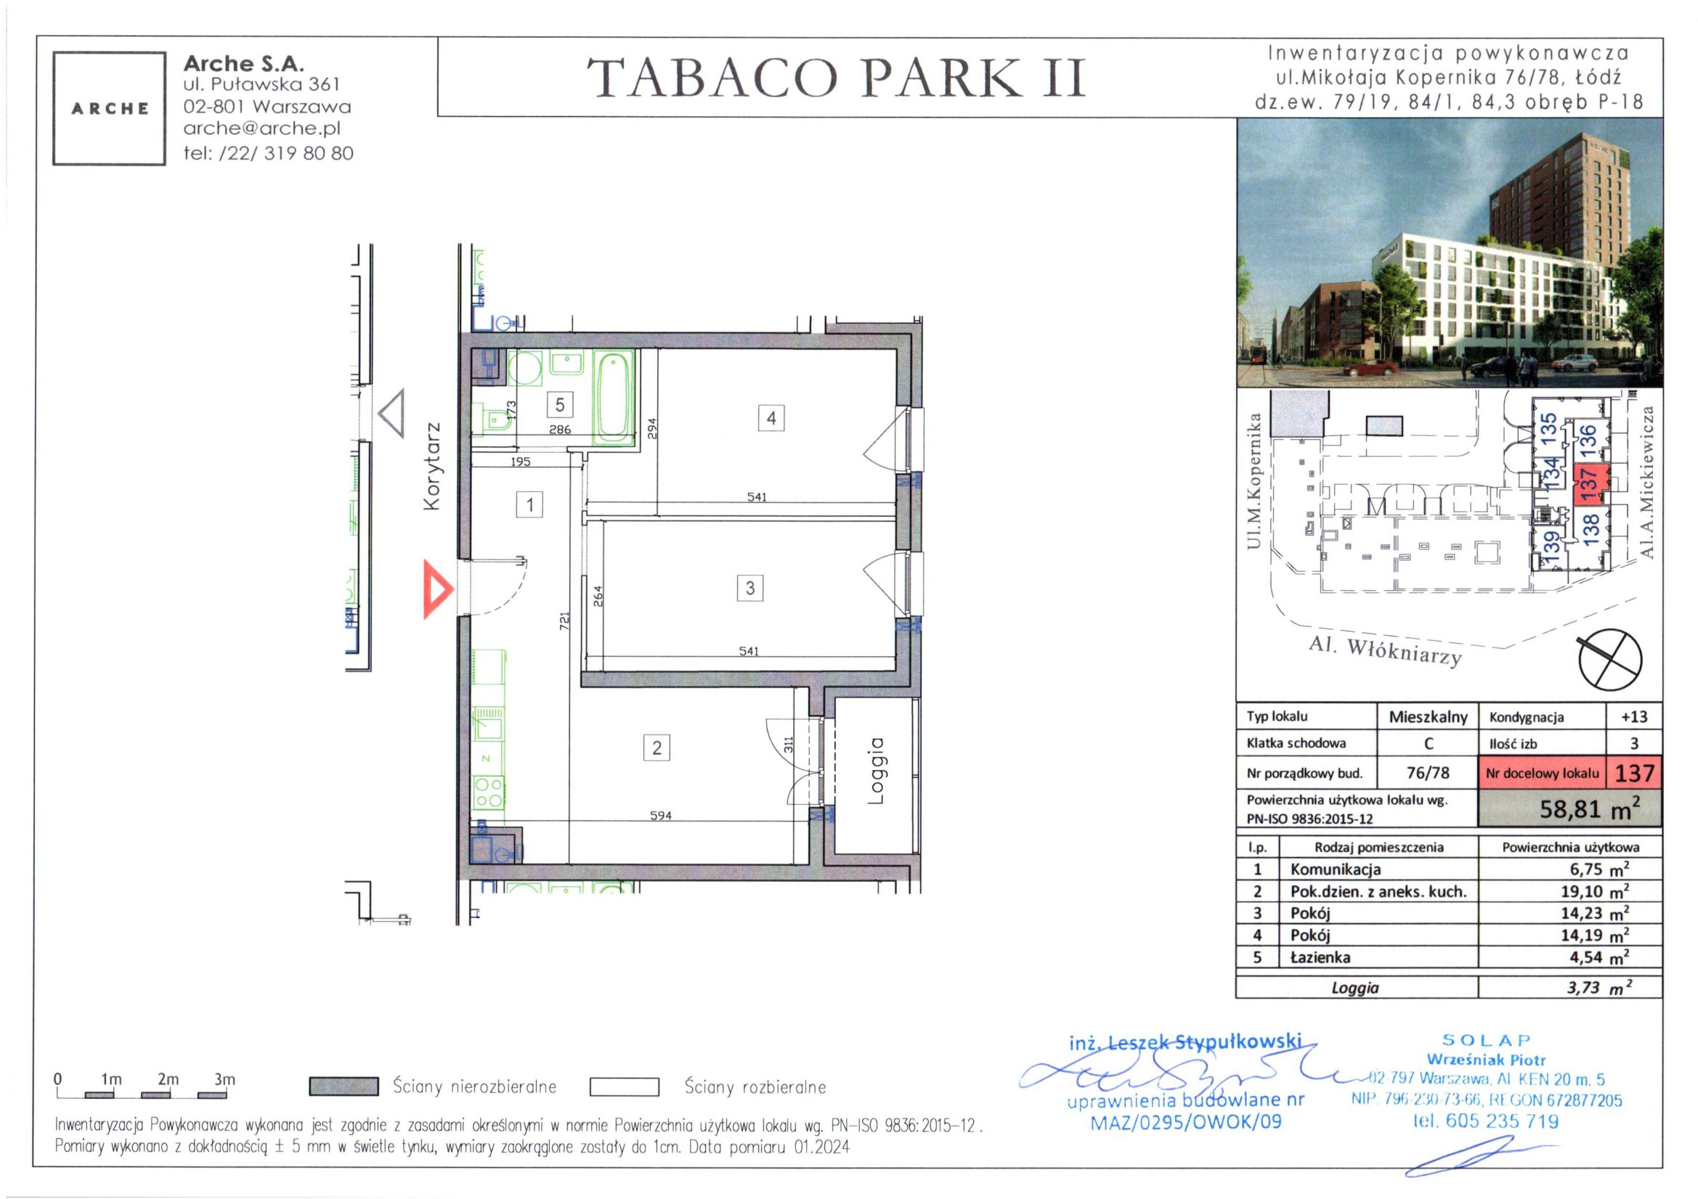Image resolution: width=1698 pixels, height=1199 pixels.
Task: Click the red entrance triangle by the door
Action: pos(436,589)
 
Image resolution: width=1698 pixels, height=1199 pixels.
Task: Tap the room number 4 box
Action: pos(771,418)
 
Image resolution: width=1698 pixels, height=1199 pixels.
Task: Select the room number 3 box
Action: pos(750,588)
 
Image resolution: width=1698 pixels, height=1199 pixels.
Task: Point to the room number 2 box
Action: pos(657,748)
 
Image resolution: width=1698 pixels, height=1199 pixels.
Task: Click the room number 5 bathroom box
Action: pos(560,404)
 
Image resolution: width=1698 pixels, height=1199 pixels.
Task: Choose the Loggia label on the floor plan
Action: pos(876,770)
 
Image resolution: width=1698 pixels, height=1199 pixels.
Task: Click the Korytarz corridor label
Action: pos(432,466)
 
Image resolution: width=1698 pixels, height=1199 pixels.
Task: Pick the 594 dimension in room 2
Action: pos(660,815)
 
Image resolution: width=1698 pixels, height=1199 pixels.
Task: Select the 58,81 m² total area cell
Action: pos(1569,809)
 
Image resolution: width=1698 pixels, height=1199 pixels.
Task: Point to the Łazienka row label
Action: pos(1320,957)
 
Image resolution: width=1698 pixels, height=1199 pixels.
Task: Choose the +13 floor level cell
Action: pos(1633,716)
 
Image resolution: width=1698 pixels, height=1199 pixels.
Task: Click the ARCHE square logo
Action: pos(110,109)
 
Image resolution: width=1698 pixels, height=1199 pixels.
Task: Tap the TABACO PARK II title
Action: pos(837,78)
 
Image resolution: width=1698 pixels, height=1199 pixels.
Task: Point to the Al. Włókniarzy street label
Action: pos(1385,651)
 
